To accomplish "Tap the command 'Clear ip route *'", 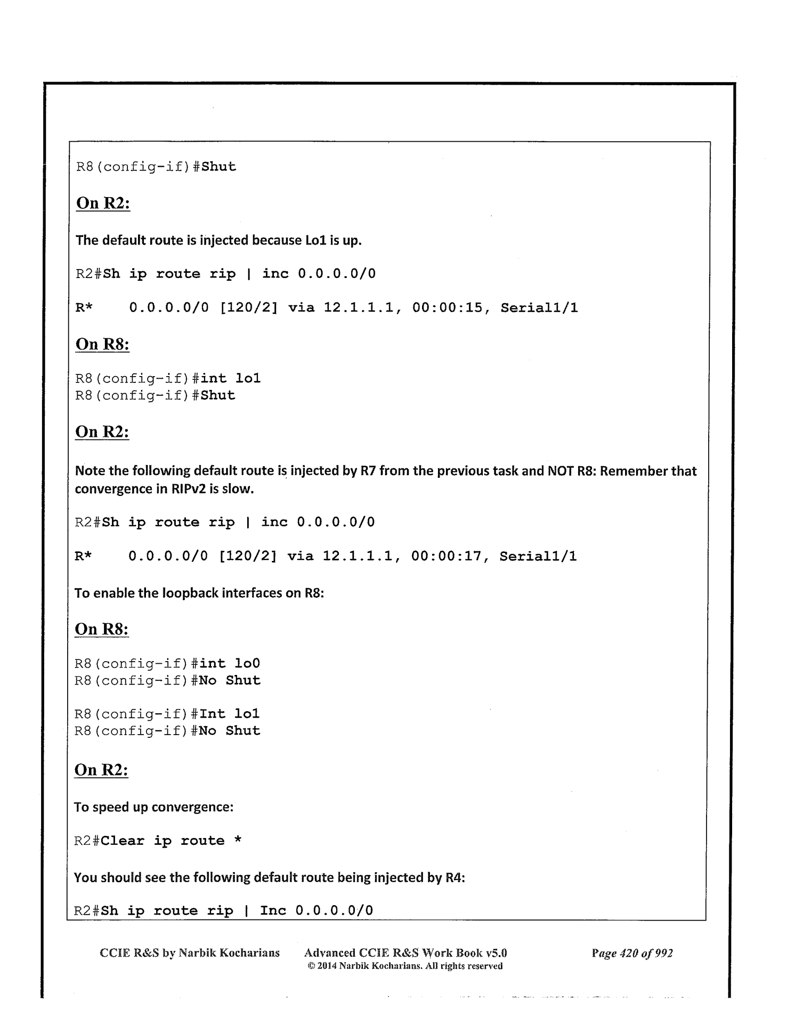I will click(x=171, y=841).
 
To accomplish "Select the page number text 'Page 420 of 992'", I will click(x=632, y=953).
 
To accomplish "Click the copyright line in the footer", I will click(x=405, y=966).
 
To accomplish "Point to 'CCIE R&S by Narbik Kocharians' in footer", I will click(x=190, y=953).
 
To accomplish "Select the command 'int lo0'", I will click(x=230, y=664).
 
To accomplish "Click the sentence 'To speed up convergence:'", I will click(x=153, y=807).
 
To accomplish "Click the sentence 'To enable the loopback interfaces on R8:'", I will click(x=199, y=593).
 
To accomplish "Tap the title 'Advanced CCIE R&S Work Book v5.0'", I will click(x=405, y=953).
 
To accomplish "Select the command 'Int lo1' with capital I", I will click(x=229, y=714).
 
